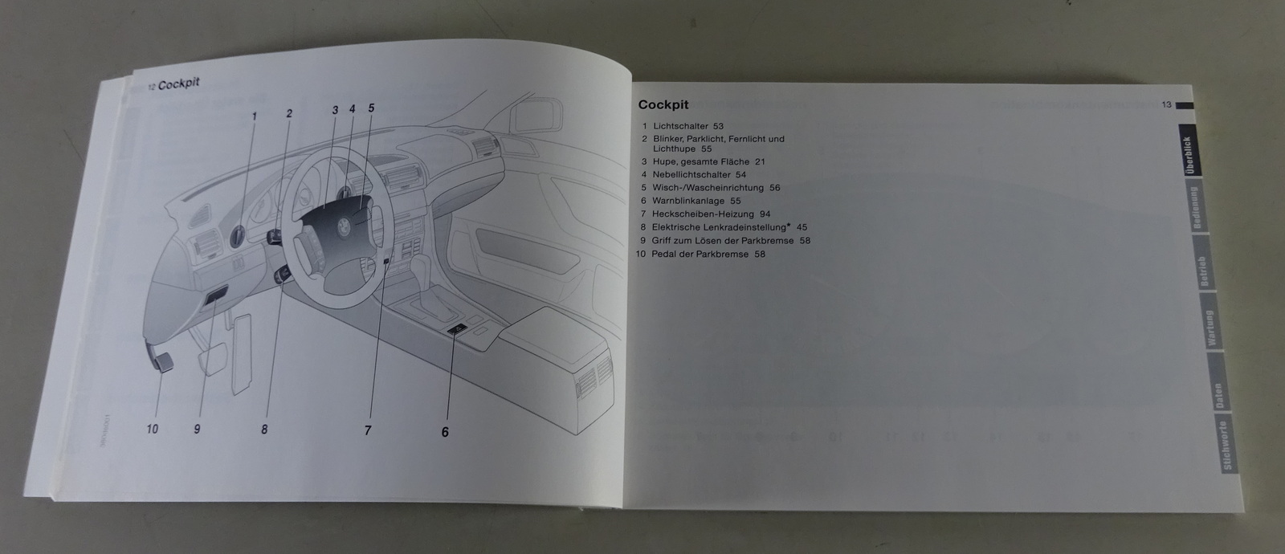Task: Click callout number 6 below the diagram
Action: pyautogui.click(x=445, y=432)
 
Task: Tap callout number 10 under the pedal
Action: pyautogui.click(x=152, y=429)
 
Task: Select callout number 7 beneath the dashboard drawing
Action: pyautogui.click(x=368, y=430)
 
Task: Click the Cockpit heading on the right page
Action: pyautogui.click(x=663, y=104)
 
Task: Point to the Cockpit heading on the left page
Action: pyautogui.click(x=179, y=83)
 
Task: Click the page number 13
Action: pyautogui.click(x=1167, y=104)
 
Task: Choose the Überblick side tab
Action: pyautogui.click(x=1188, y=154)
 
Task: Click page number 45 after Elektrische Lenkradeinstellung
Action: pyautogui.click(x=802, y=227)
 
